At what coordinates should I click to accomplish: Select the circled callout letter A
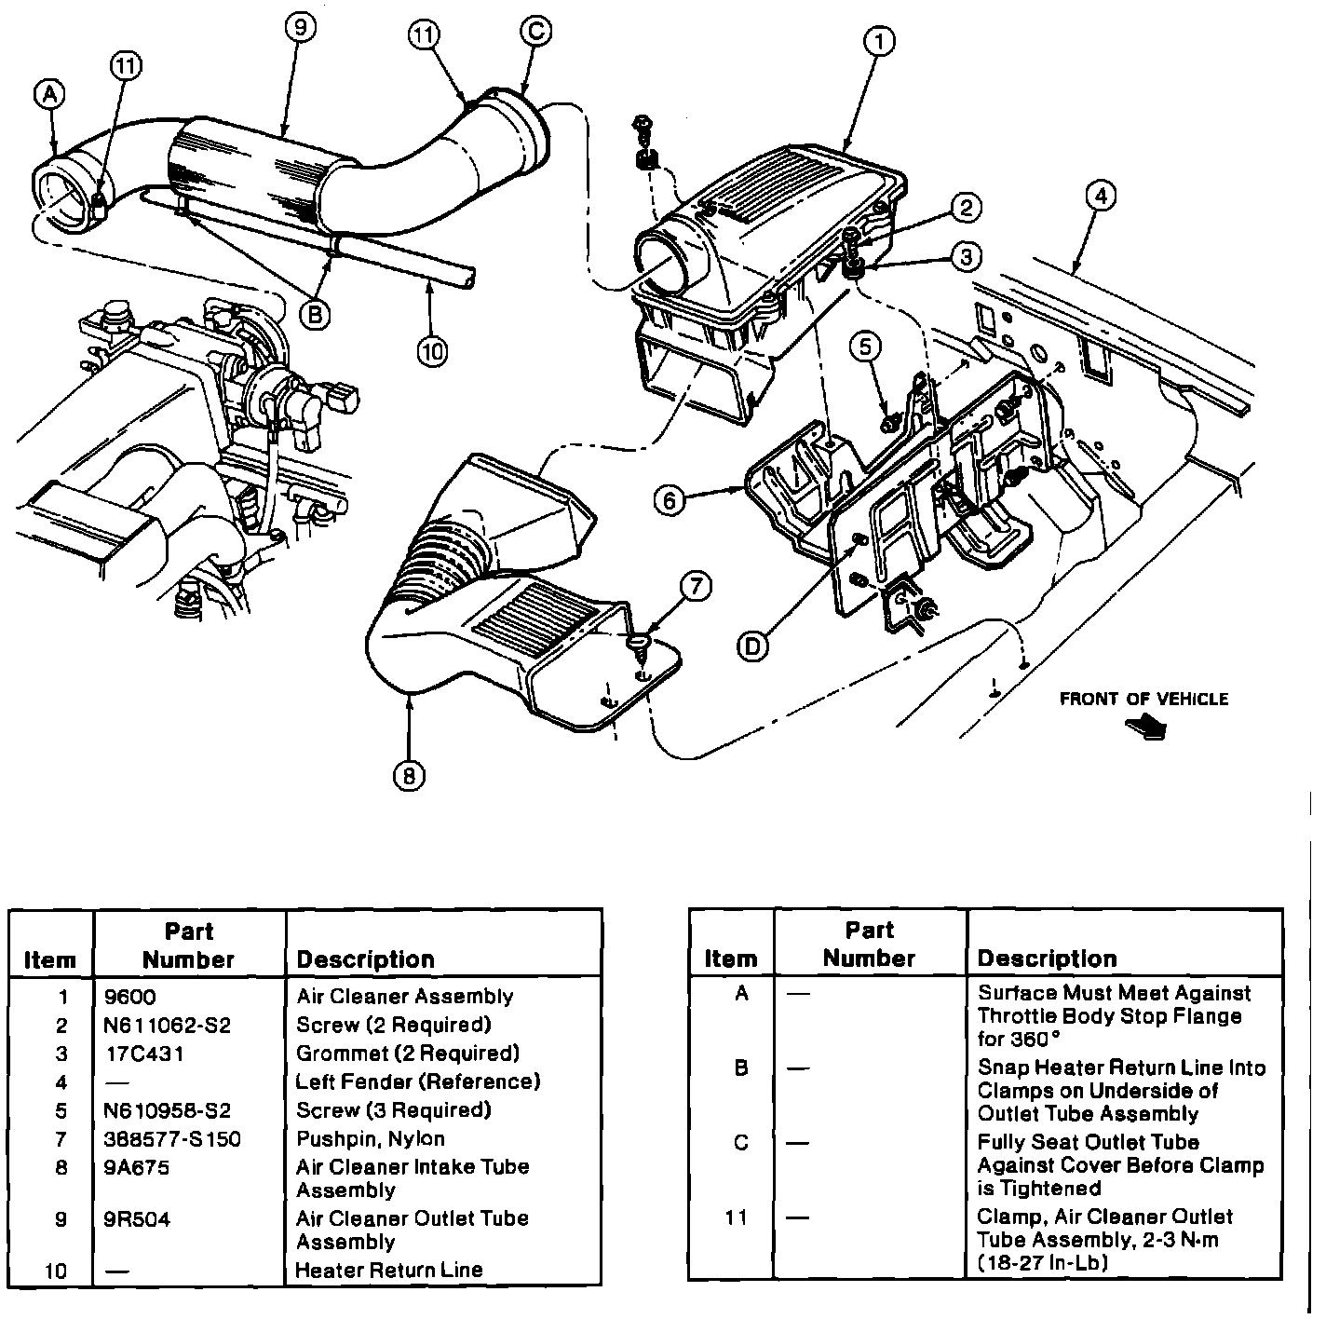coord(49,93)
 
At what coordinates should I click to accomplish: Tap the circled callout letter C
coord(534,32)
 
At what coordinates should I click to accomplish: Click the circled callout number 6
coord(669,500)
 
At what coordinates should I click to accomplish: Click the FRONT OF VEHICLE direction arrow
coord(1151,727)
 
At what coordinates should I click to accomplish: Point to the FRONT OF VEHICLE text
coord(1143,699)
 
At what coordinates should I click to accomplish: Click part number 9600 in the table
coord(130,997)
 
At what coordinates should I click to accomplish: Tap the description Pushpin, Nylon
coord(371,1138)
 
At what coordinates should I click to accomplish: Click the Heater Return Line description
coord(389,1270)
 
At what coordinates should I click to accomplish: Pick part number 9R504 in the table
coord(138,1219)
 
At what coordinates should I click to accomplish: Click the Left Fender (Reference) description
coord(418,1081)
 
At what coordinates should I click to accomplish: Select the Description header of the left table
coord(365,959)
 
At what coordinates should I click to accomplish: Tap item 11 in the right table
coord(737,1217)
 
